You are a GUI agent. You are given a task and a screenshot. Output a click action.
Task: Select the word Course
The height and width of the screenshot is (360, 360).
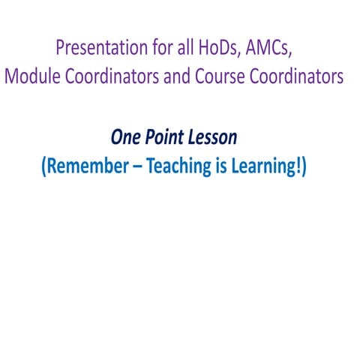(214, 76)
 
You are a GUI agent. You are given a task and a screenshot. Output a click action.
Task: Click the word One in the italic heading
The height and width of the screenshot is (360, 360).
(126, 137)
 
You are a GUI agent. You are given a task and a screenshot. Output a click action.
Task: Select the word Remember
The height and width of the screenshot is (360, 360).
(88, 166)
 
